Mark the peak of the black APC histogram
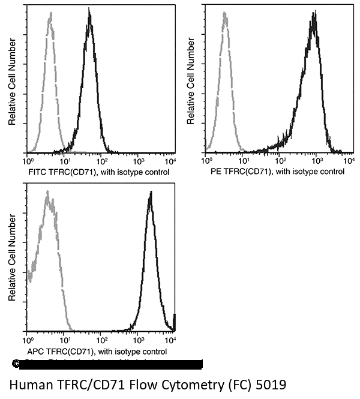(x=151, y=193)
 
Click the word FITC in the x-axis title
(x=37, y=172)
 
